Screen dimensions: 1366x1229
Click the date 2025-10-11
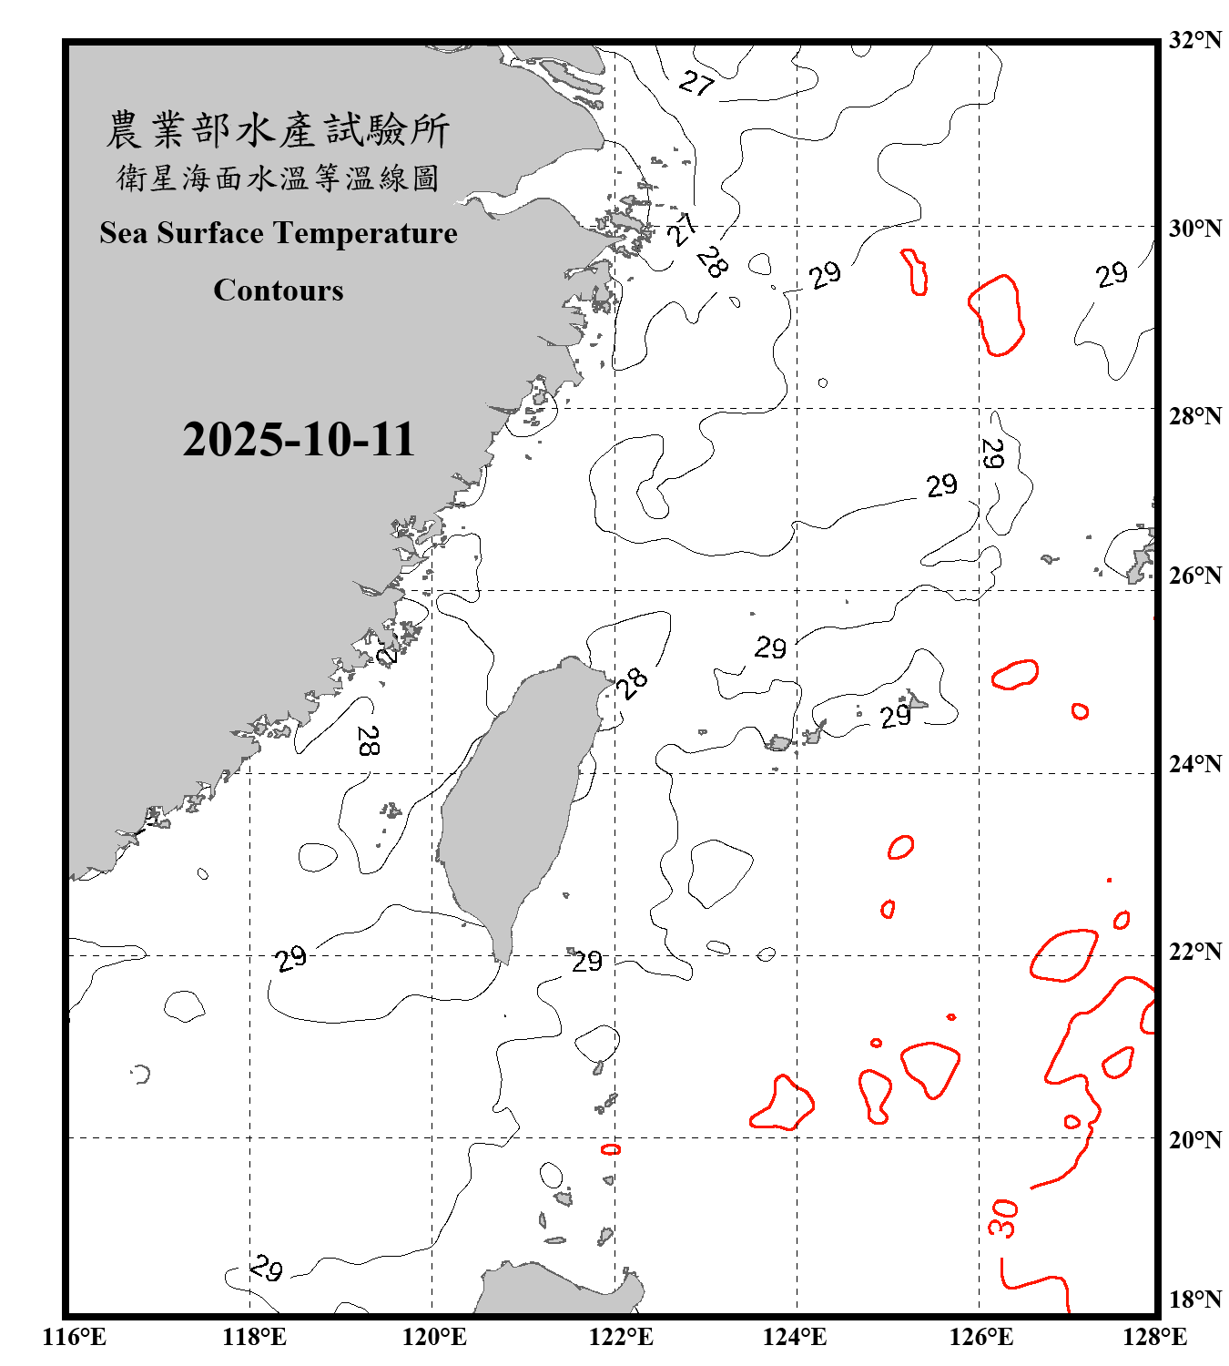(299, 440)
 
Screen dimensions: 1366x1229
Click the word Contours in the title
(279, 291)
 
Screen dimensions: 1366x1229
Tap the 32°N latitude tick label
(1194, 40)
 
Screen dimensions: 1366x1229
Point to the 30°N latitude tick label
(1194, 228)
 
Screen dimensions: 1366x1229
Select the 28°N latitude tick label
(1194, 415)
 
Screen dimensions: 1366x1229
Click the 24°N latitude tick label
(1194, 763)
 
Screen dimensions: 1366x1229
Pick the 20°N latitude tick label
(1194, 1139)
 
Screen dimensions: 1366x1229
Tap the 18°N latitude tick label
(1194, 1300)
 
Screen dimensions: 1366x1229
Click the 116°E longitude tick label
(74, 1337)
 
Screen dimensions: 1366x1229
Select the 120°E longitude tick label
(434, 1337)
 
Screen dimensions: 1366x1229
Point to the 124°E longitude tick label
(795, 1337)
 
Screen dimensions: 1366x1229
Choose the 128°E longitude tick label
(1154, 1337)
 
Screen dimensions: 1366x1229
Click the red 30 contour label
(1002, 1218)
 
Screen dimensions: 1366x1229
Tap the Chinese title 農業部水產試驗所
(278, 130)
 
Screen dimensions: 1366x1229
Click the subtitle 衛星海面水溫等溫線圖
(278, 178)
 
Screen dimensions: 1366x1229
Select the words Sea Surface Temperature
(279, 233)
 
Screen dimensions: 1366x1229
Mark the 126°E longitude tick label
(980, 1337)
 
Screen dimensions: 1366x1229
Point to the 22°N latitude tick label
(1194, 952)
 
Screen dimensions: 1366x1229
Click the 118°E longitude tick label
(254, 1337)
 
